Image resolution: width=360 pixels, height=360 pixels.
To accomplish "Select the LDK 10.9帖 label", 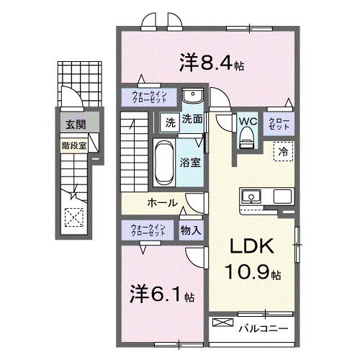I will pos(251,259).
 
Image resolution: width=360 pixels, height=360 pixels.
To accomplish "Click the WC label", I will pos(247,121).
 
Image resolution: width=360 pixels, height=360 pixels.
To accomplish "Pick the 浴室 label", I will pos(191,162).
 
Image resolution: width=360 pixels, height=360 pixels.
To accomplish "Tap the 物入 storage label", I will pos(190,230).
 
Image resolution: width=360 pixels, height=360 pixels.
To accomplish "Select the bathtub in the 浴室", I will pos(162,162).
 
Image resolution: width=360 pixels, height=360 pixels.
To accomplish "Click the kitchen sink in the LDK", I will pos(252,196).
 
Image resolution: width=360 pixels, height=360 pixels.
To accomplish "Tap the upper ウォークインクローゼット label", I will pos(150,97).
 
